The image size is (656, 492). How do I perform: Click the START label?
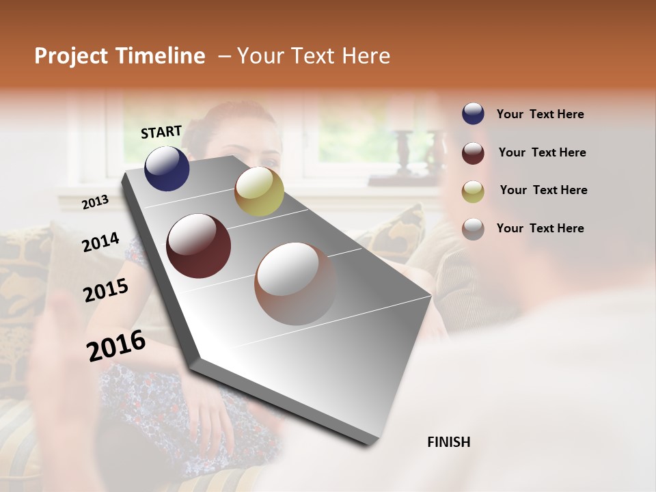(161, 132)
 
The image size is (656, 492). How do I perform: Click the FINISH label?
(448, 442)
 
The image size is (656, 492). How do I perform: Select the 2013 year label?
(96, 202)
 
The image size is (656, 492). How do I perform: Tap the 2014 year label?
(100, 242)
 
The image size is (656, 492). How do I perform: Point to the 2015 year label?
(106, 290)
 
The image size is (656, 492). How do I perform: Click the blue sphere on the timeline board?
(167, 168)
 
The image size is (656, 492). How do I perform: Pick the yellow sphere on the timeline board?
(259, 191)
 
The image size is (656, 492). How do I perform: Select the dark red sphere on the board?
(199, 246)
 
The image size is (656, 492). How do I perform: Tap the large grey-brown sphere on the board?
(296, 283)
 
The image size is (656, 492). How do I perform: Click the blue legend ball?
(473, 114)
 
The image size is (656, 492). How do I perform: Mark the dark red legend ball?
(473, 152)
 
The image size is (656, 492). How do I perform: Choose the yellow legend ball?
(473, 191)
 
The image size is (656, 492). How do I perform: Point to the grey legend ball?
(473, 228)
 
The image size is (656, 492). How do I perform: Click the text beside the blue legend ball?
(540, 115)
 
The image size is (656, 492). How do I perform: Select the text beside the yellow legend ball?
(543, 190)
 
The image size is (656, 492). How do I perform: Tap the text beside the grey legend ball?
(540, 228)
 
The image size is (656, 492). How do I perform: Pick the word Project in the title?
(70, 56)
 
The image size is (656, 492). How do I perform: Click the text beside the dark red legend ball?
(542, 152)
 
